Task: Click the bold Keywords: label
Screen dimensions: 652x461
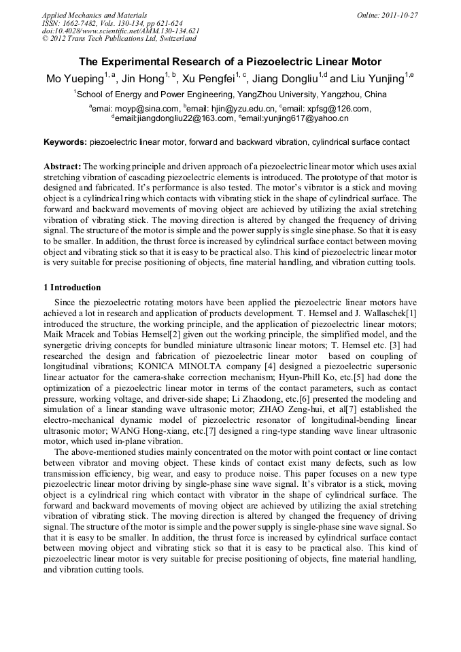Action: click(x=65, y=143)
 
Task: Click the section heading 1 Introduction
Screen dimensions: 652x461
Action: click(x=71, y=288)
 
